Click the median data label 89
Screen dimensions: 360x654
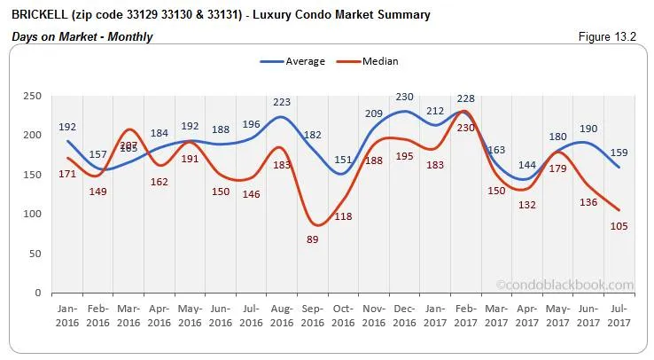(312, 241)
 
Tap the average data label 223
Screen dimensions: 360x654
(281, 103)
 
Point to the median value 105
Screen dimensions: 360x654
(620, 226)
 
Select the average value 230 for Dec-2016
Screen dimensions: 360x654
(404, 98)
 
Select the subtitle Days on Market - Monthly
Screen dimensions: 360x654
(82, 36)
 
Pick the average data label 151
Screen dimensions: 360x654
(342, 160)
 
